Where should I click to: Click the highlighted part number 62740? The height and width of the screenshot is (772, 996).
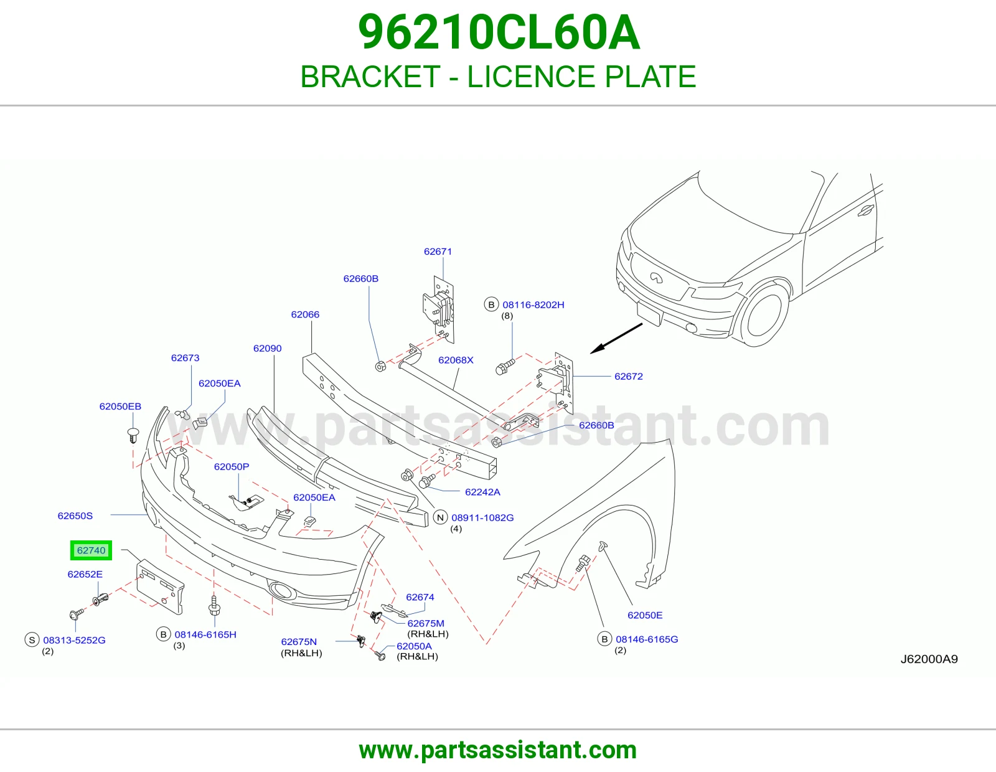click(x=91, y=550)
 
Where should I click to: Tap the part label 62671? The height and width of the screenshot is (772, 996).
click(x=438, y=252)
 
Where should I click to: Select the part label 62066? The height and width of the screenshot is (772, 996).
click(x=305, y=314)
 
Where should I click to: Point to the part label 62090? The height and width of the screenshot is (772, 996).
click(x=267, y=348)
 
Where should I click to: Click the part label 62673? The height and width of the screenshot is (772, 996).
click(x=185, y=357)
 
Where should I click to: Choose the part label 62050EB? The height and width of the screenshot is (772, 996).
click(x=120, y=406)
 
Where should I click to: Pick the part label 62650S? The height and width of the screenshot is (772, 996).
click(x=75, y=515)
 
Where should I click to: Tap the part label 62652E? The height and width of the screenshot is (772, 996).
click(x=85, y=574)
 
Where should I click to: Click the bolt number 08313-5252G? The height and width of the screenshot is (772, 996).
click(x=74, y=640)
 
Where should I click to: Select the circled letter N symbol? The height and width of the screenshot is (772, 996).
click(x=440, y=517)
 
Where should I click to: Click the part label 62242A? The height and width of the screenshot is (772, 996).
click(x=482, y=492)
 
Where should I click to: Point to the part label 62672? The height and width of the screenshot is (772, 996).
click(x=628, y=376)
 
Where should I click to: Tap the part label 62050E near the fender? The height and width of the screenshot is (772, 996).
click(x=645, y=615)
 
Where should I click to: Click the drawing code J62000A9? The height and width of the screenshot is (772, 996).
click(x=929, y=659)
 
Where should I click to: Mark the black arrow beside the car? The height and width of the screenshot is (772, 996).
click(x=616, y=338)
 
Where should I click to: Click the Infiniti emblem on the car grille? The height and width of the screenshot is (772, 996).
click(x=656, y=277)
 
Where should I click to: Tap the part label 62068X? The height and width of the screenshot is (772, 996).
click(x=456, y=360)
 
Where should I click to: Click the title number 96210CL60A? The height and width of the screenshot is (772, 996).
click(x=499, y=32)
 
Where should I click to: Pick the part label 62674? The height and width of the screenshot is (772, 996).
click(x=420, y=597)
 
